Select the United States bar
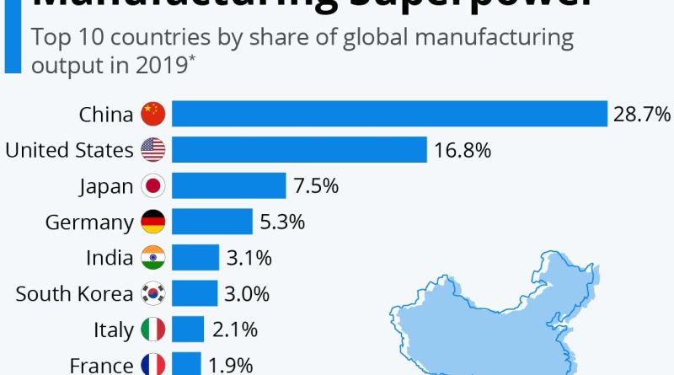pos(300,150)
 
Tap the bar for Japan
pos(230,185)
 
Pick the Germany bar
pos(213,222)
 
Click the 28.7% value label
pos(641,114)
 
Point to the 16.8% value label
pos(463,150)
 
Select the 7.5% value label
pos(316,185)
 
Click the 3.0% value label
pos(247,293)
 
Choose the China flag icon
pos(153,114)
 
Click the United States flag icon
pos(153,150)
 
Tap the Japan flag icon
pos(153,185)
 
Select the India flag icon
pos(153,257)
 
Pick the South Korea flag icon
pos(153,293)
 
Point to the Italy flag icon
pos(153,329)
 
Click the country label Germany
pos(89,222)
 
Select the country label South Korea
pos(74,293)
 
